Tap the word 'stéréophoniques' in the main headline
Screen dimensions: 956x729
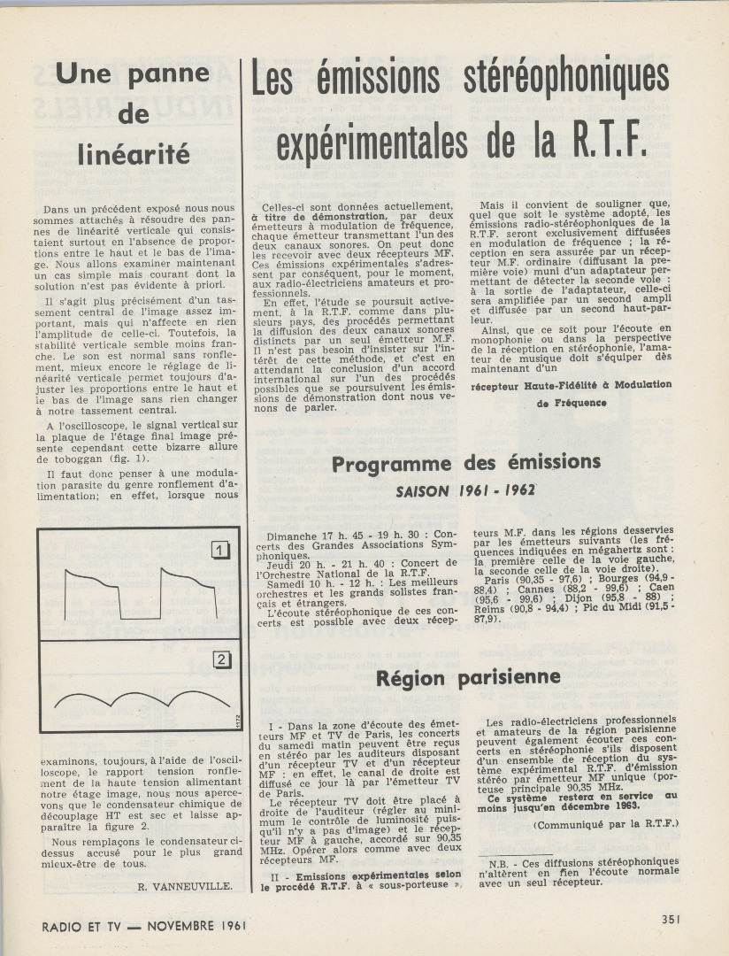coord(567,80)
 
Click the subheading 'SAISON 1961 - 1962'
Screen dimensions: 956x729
coord(465,490)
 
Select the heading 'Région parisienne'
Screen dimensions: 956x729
coord(468,678)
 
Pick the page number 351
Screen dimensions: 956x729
coord(671,919)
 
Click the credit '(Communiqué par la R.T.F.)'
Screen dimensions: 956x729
coord(605,824)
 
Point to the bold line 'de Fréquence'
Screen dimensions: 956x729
coord(572,403)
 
